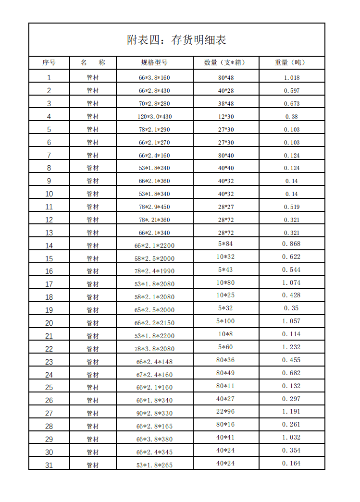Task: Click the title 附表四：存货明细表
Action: pyautogui.click(x=176, y=40)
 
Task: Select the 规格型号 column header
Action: pyautogui.click(x=154, y=63)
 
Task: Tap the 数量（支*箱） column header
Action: pyautogui.click(x=225, y=63)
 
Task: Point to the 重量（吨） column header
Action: pyautogui.click(x=291, y=63)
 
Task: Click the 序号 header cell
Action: pyautogui.click(x=49, y=63)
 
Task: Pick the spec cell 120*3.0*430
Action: pyautogui.click(x=154, y=117)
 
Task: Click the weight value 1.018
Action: pyautogui.click(x=291, y=78)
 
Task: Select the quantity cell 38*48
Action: pyautogui.click(x=225, y=104)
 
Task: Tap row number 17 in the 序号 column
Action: pyautogui.click(x=49, y=284)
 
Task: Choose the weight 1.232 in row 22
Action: pyautogui.click(x=291, y=347)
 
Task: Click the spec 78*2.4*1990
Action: pyautogui.click(x=154, y=271)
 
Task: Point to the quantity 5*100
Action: pyautogui.click(x=225, y=321)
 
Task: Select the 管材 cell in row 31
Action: pyautogui.click(x=92, y=465)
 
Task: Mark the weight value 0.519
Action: pyautogui.click(x=291, y=207)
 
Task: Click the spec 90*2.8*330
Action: pyautogui.click(x=154, y=413)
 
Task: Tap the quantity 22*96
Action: pyautogui.click(x=225, y=412)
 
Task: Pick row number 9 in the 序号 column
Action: pyautogui.click(x=49, y=181)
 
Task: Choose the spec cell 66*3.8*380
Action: pyautogui.click(x=154, y=439)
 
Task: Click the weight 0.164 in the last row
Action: pyautogui.click(x=291, y=464)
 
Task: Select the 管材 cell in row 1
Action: pyautogui.click(x=92, y=78)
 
